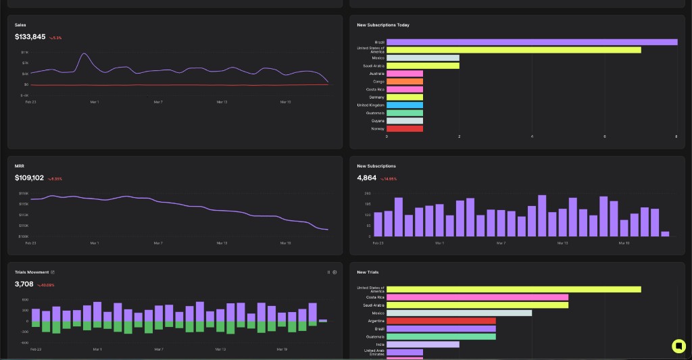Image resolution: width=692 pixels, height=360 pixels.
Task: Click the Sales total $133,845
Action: coord(30,37)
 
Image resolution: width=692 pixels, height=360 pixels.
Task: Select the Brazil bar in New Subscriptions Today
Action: coord(531,42)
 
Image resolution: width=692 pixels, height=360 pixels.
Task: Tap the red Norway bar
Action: coord(405,128)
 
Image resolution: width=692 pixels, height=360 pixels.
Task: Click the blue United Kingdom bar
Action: coord(405,105)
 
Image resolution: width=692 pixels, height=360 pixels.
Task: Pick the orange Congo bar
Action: coord(405,81)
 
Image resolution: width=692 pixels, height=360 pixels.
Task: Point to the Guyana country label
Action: coord(378,120)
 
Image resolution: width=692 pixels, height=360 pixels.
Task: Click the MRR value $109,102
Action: coord(29,178)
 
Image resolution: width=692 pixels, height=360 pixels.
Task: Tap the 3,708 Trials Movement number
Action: coord(24,284)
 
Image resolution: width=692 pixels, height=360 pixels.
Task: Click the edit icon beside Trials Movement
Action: coord(53,272)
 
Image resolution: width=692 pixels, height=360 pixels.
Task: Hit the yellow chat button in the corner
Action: coord(678,346)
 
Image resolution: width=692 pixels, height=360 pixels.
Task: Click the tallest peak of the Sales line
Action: coord(84,54)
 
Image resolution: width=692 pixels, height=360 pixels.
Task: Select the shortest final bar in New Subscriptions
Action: coord(665,234)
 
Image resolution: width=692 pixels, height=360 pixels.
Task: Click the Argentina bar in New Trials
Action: coord(441,321)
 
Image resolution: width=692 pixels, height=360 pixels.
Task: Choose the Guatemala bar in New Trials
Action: coord(441,336)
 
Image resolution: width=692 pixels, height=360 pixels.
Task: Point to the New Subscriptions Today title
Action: coord(382,25)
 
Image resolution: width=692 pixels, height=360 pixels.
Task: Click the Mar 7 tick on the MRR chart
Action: coord(158,243)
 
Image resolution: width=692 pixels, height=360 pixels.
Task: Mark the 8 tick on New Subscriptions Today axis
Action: coord(676,136)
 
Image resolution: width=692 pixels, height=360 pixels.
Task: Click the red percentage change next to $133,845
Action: coord(55,38)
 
